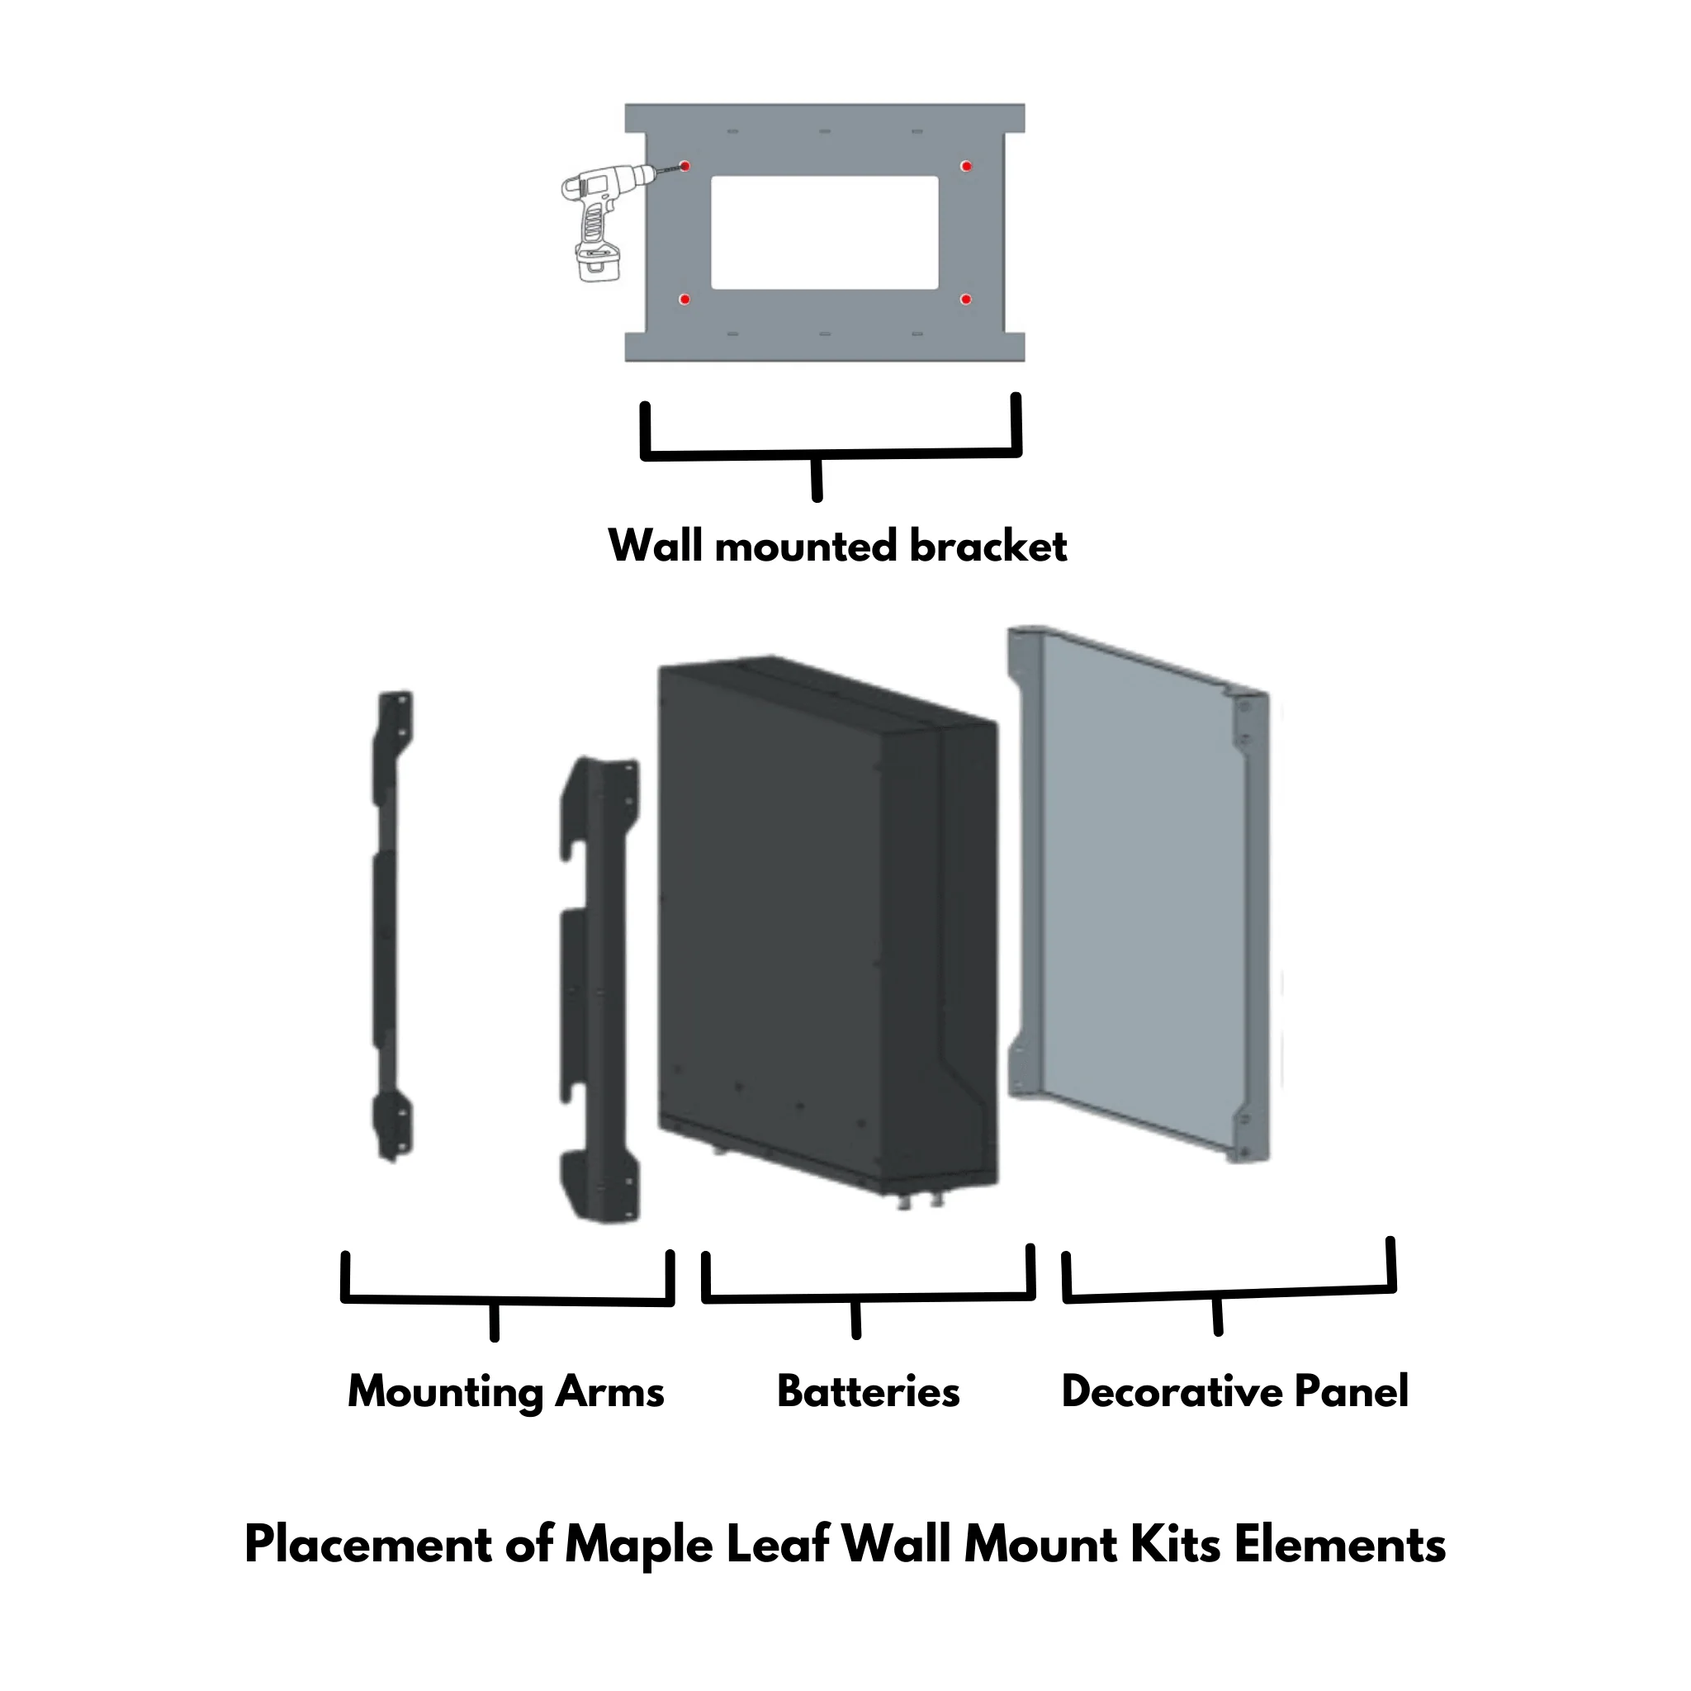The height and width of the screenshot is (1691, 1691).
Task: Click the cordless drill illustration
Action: (604, 223)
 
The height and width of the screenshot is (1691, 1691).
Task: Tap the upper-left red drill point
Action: (685, 166)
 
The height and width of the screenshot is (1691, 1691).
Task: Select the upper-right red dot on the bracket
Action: (966, 166)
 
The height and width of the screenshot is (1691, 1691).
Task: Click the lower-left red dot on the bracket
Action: (685, 300)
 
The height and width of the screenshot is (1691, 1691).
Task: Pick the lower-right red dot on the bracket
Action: (966, 300)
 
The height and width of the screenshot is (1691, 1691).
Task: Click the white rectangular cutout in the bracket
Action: (825, 233)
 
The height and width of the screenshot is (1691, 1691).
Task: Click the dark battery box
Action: (827, 928)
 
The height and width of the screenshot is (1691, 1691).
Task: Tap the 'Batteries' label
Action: (869, 1391)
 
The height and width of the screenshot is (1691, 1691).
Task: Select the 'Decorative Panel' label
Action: (1235, 1391)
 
